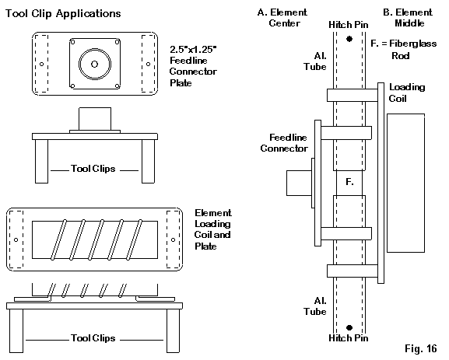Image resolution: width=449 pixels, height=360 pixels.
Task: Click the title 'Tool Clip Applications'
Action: point(63,14)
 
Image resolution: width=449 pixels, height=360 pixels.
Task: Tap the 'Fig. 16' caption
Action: point(421,348)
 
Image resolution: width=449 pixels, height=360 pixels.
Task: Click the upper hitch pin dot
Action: point(349,39)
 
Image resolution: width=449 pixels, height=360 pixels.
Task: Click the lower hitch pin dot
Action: point(349,327)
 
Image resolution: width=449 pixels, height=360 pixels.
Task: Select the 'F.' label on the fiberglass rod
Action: point(349,182)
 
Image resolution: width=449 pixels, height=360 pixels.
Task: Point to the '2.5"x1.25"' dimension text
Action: point(193,50)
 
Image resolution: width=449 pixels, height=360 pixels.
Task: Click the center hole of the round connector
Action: point(94,64)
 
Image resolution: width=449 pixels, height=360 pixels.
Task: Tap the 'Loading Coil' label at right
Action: point(407,93)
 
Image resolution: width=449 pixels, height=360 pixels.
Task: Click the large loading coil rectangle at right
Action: point(405,183)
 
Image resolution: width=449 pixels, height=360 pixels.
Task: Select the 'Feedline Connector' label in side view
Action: point(284,143)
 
